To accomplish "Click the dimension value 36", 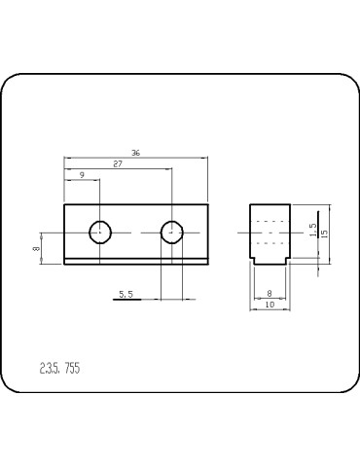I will click(x=134, y=153).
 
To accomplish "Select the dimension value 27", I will click(x=118, y=164).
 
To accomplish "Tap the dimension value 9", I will click(x=82, y=175).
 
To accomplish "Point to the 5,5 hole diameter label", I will click(x=126, y=293).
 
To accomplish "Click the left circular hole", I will click(x=100, y=232).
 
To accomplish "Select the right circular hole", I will click(x=171, y=232).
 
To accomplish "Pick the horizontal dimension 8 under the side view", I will click(x=269, y=293).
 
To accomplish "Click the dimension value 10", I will click(x=270, y=305).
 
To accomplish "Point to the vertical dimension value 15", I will click(x=325, y=233).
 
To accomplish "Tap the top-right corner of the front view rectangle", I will click(x=207, y=203).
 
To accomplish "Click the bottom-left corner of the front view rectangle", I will click(x=64, y=264).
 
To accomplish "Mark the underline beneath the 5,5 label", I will click(x=126, y=300).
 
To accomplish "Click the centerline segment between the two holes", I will click(x=136, y=232).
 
